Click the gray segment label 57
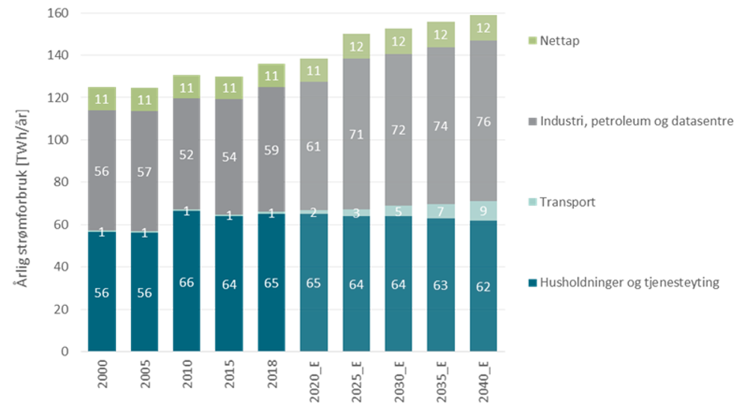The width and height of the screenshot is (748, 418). [144, 172]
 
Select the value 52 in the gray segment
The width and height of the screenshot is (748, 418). [186, 155]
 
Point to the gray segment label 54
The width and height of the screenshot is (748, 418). [229, 157]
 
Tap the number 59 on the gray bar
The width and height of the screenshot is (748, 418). [271, 150]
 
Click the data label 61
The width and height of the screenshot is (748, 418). [313, 147]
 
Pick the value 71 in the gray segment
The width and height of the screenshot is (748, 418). [356, 135]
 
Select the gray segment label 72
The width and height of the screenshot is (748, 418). [399, 130]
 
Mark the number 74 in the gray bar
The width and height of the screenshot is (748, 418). [441, 126]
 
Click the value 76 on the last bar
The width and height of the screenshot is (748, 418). [483, 121]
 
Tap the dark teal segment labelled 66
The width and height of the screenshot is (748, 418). [186, 283]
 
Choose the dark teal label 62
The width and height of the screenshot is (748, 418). [483, 286]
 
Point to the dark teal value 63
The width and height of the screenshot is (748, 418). [441, 285]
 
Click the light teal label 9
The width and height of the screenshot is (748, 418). [483, 211]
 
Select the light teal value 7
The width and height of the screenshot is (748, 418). [441, 212]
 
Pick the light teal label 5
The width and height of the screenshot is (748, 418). [399, 212]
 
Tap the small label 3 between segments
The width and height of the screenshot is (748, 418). [356, 213]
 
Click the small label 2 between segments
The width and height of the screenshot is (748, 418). [313, 213]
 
